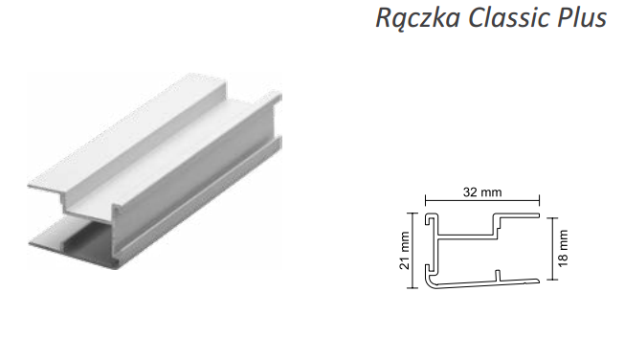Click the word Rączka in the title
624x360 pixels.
pos(418,18)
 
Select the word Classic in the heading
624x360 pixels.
pos(509,17)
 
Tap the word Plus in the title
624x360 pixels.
pos(582,17)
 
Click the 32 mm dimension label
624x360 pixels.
pos(482,192)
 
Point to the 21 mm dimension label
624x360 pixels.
pos(404,251)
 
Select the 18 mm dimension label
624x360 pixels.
pos(563,249)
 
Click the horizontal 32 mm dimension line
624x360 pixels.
pos(482,201)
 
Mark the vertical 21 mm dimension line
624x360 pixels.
pos(412,250)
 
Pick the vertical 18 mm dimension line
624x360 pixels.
pos(552,249)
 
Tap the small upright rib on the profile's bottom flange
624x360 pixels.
pos(498,276)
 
